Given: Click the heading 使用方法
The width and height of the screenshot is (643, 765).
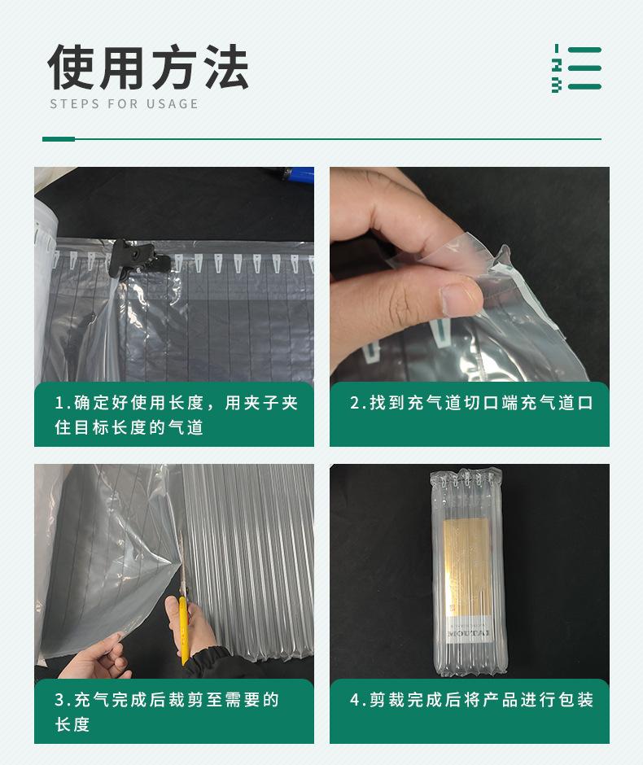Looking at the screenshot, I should point(147,68).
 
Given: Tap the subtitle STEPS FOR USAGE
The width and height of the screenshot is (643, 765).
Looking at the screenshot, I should point(124,104).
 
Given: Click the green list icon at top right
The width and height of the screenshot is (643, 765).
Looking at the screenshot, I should point(576,68).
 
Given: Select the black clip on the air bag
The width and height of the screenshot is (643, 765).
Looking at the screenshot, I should point(134,257).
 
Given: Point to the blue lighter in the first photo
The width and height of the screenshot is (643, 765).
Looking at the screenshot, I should point(292,175).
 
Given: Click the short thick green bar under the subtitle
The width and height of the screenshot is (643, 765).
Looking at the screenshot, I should point(58,139).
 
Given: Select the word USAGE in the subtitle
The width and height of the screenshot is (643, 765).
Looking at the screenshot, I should point(173,104).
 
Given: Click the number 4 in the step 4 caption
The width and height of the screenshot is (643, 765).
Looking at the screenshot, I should point(355,700).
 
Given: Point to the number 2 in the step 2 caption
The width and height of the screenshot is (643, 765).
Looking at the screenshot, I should point(355,403).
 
